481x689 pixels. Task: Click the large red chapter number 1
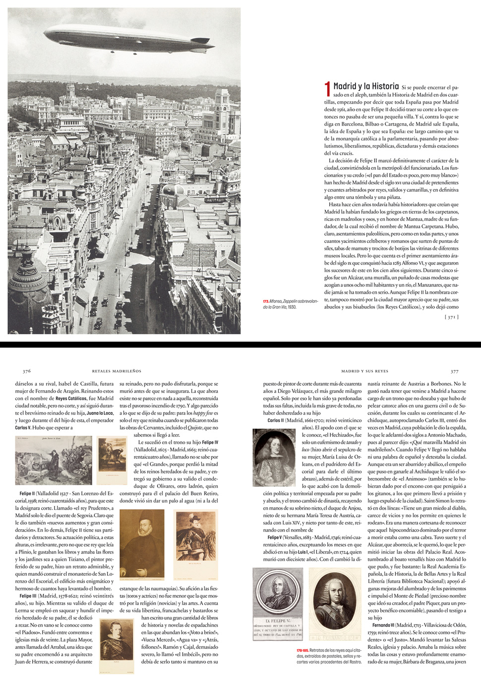pyautogui.click(x=327, y=89)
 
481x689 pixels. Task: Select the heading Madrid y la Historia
pyautogui.click(x=366, y=86)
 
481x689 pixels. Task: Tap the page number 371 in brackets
pyautogui.click(x=451, y=317)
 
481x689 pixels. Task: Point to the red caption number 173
pyautogui.click(x=266, y=301)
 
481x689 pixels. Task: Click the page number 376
pyautogui.click(x=27, y=371)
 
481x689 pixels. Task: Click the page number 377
pyautogui.click(x=454, y=371)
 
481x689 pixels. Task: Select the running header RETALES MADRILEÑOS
pyautogui.click(x=117, y=371)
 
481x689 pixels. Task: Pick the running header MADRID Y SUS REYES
pyautogui.click(x=364, y=371)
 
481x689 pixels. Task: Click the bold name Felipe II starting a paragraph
pyautogui.click(x=27, y=493)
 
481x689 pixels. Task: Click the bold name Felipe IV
pyautogui.click(x=210, y=442)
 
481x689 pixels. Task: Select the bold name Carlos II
pyautogui.click(x=276, y=420)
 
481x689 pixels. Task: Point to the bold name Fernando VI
pyautogui.click(x=383, y=625)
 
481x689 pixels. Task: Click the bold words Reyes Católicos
pyautogui.click(x=71, y=398)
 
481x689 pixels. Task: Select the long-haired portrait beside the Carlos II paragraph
pyautogui.click(x=274, y=457)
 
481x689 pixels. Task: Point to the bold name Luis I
pyautogui.click(x=302, y=552)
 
